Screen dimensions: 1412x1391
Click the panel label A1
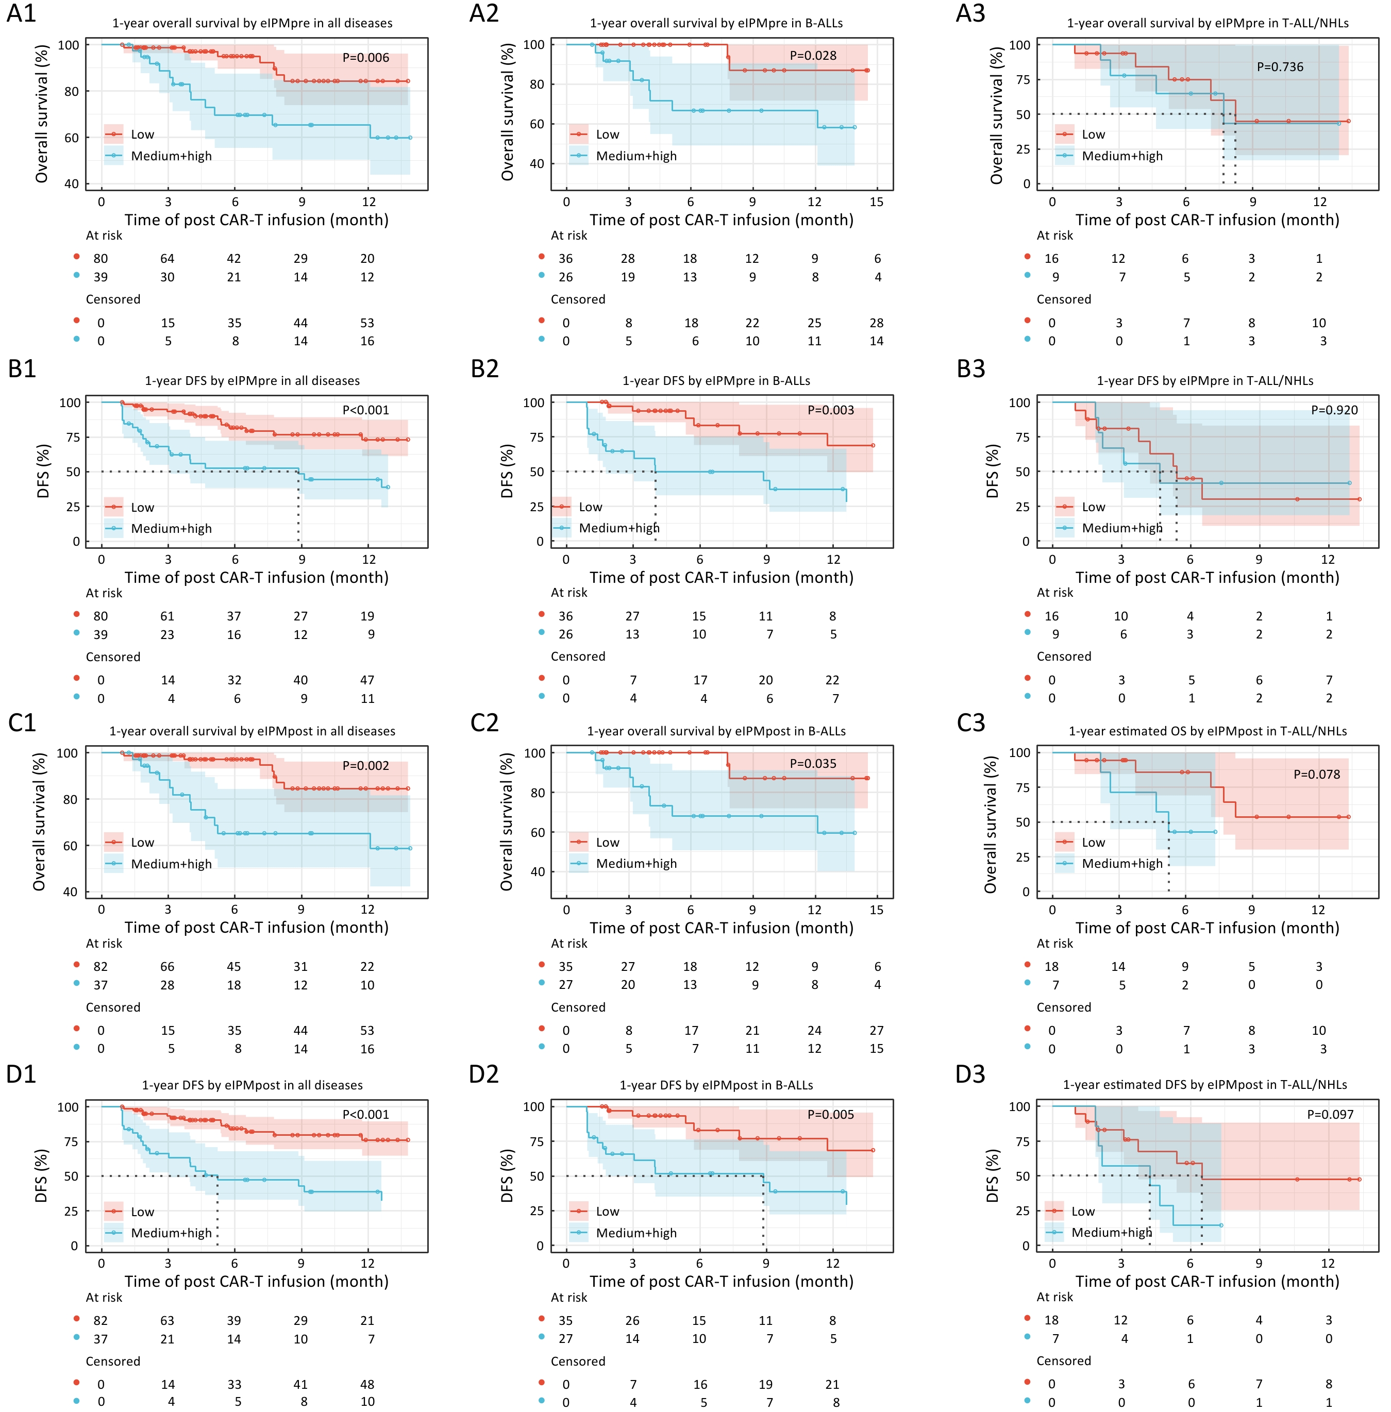21,13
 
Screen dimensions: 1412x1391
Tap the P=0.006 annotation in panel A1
365,58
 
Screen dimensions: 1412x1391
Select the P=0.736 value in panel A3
1280,66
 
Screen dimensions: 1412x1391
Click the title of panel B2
716,381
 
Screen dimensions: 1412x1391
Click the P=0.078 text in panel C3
1316,775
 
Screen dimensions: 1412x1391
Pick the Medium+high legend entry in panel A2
635,156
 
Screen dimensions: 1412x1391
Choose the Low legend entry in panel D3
1083,1211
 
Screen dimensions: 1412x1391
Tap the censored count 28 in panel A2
877,323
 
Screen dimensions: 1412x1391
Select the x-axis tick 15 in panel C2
877,910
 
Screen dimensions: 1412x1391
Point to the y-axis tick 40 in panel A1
71,184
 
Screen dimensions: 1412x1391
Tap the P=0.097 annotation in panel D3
1330,1115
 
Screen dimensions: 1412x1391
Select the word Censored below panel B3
1064,657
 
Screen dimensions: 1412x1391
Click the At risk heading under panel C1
104,943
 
